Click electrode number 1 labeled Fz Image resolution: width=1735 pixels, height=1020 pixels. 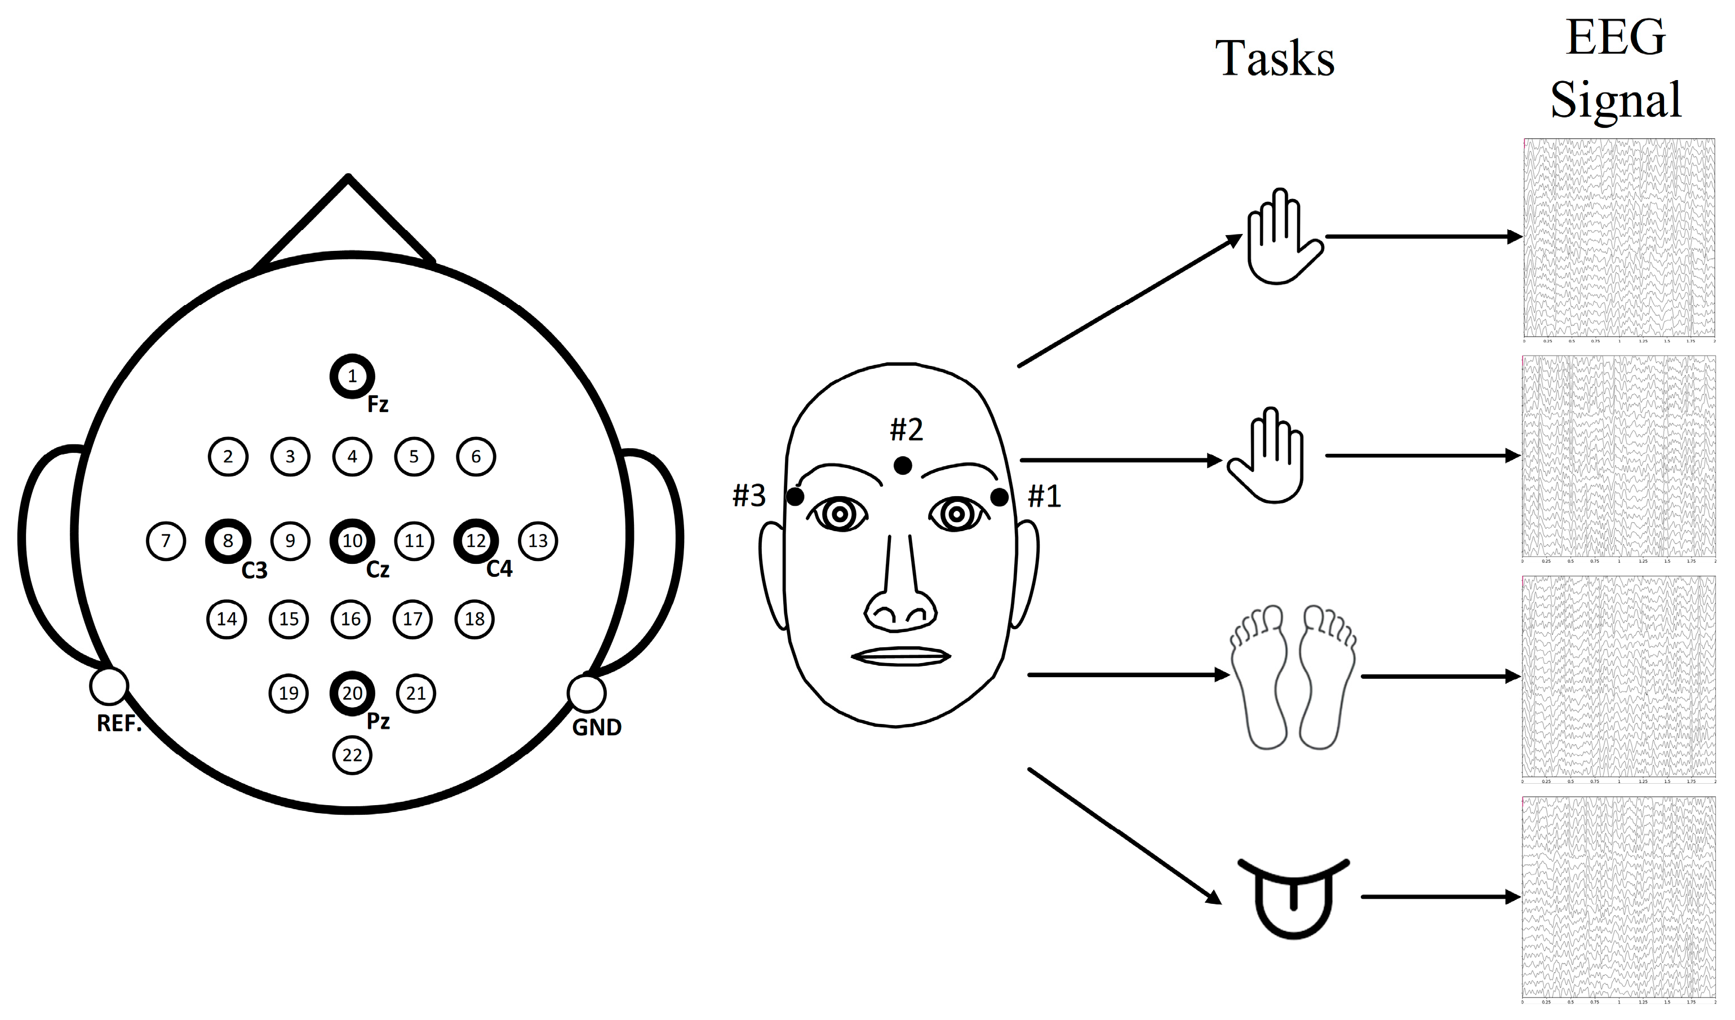tap(352, 376)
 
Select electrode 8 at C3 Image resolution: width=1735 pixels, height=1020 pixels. tap(228, 541)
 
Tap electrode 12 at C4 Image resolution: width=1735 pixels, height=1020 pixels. tap(476, 541)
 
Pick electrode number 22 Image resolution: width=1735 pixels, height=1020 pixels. tap(352, 755)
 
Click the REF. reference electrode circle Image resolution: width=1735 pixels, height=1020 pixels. tap(109, 686)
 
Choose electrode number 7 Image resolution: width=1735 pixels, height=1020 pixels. tap(166, 541)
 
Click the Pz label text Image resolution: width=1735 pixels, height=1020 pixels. tap(378, 721)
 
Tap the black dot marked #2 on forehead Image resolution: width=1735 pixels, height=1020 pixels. tap(902, 466)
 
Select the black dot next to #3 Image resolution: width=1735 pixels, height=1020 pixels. tap(795, 497)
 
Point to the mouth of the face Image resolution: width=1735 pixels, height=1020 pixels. tap(900, 656)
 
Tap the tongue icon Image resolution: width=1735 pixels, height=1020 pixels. tap(1293, 898)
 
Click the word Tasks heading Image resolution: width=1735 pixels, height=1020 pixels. tap(1275, 59)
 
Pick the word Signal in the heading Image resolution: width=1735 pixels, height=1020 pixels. tap(1615, 100)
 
